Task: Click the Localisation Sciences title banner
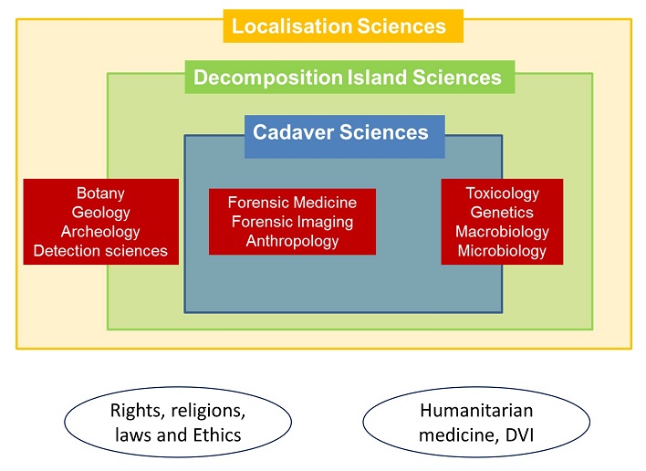343,26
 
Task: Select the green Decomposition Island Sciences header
349,77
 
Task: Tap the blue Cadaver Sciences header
344,136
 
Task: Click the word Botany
100,194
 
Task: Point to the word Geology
101,212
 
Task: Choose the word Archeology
100,232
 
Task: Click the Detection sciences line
100,250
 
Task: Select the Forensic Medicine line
292,203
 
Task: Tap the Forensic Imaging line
292,222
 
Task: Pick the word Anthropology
292,241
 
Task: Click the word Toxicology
502,194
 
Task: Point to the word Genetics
502,212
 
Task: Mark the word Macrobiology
502,232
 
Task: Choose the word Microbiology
502,250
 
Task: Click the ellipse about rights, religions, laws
178,422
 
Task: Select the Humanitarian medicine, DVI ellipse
476,422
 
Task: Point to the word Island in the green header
377,77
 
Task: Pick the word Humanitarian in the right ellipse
476,411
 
